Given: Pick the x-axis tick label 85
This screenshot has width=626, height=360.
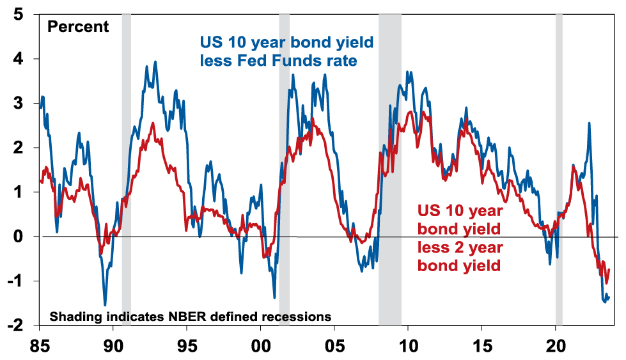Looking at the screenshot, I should (40, 346).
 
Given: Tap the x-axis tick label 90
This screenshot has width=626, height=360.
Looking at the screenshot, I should (113, 346).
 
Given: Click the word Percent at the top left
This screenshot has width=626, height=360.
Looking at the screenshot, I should (79, 27).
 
